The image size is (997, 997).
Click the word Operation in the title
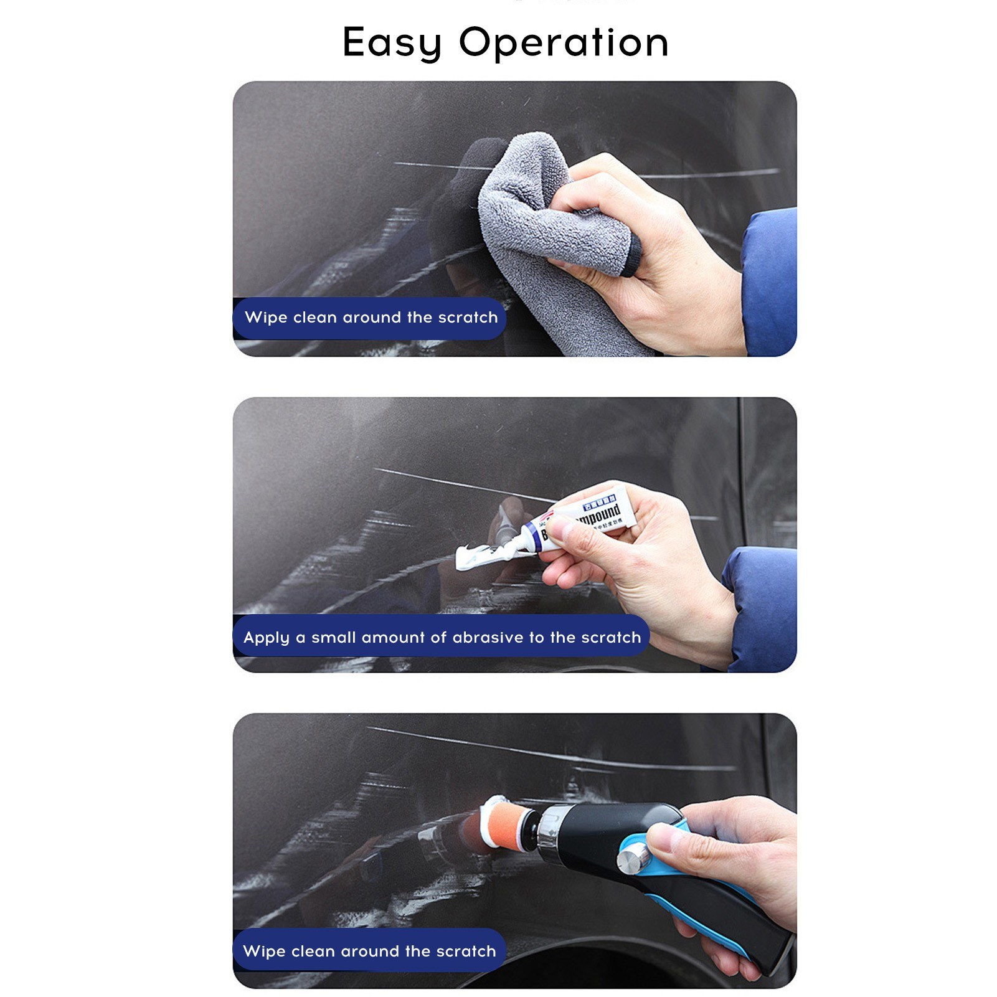click(564, 43)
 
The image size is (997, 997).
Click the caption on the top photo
click(371, 318)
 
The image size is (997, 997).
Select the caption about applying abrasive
click(442, 637)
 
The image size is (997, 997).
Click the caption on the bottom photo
click(369, 951)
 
